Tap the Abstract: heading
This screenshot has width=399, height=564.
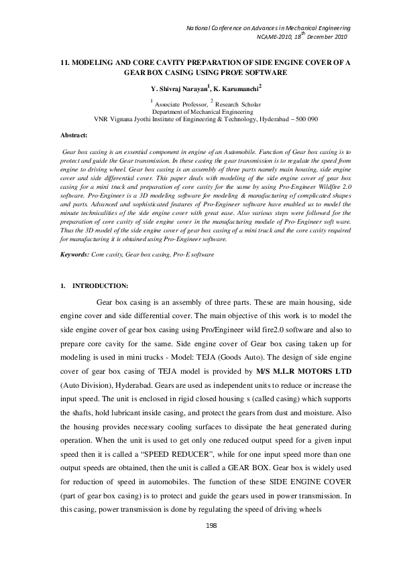click(74, 135)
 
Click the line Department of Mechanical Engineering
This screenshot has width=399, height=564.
click(206, 111)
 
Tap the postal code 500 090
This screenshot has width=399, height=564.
click(304, 119)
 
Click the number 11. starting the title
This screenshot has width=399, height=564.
click(65, 61)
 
